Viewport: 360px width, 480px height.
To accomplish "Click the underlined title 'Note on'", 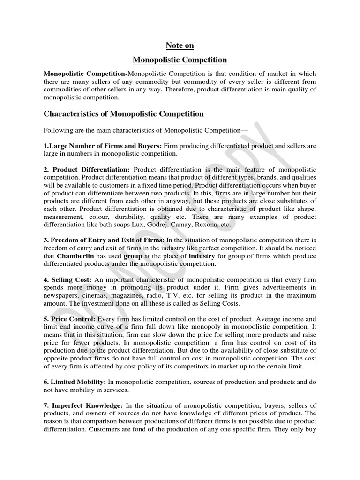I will [x=180, y=45].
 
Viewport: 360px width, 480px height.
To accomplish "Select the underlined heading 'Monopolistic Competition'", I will [x=180, y=60].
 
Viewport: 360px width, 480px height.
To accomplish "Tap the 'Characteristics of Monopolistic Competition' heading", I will [x=124, y=114].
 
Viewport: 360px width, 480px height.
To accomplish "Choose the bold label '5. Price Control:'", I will [x=69, y=319].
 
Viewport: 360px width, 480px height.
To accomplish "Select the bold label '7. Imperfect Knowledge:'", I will [x=80, y=405].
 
